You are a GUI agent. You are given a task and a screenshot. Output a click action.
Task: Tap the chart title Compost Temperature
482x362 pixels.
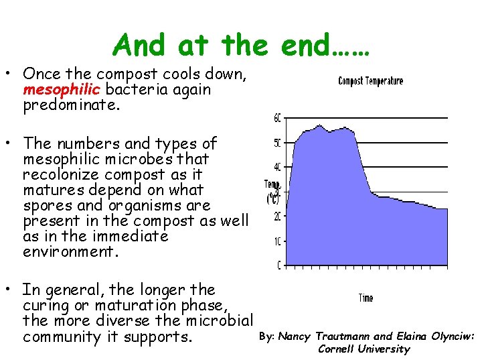(x=370, y=81)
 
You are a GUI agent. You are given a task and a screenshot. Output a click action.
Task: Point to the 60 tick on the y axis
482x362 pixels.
(x=278, y=119)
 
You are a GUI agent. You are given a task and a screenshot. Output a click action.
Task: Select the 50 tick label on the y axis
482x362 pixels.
(x=278, y=143)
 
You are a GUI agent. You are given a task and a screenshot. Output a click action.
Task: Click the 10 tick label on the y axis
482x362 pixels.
(x=278, y=241)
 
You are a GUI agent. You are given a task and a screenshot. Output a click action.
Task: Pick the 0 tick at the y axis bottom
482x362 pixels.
(x=279, y=265)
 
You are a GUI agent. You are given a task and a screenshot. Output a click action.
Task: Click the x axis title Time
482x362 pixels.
(x=366, y=298)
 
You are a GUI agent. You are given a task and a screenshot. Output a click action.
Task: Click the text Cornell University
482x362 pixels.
(x=364, y=349)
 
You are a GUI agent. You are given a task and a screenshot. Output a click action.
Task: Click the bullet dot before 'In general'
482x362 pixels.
(x=13, y=290)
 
